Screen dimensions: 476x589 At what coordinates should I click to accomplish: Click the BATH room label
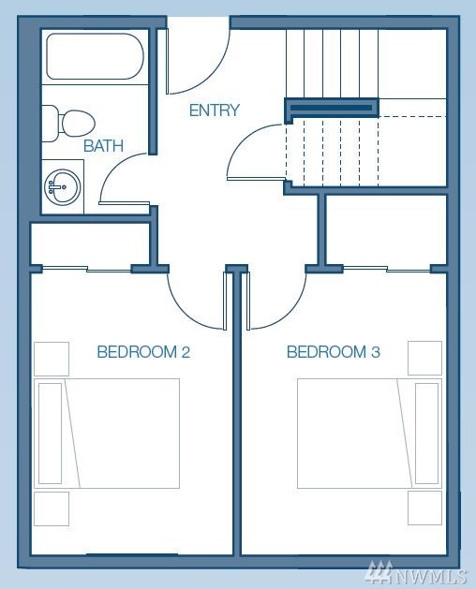click(103, 146)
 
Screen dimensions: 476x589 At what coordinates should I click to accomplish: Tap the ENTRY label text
click(214, 110)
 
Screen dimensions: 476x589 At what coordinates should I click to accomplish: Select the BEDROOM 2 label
click(143, 352)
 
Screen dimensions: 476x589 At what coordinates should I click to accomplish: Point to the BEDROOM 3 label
click(334, 352)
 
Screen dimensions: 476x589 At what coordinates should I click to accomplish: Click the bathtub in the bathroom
click(95, 56)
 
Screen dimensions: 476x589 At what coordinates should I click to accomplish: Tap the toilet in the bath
click(68, 124)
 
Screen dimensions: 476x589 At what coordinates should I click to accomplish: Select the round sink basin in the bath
click(63, 186)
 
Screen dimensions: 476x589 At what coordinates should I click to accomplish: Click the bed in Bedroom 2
click(107, 434)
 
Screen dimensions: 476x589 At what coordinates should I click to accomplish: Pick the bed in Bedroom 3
click(369, 434)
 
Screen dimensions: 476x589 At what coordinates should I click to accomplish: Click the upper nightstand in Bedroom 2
click(52, 359)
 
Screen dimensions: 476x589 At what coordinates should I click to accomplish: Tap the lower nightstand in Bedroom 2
click(52, 508)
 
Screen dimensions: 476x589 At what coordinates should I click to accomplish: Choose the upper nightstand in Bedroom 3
click(424, 358)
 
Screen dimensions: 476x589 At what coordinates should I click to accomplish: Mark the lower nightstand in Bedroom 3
click(424, 508)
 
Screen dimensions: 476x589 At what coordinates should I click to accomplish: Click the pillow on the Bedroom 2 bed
click(50, 434)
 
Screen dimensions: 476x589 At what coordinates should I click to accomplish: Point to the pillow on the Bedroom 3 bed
click(426, 434)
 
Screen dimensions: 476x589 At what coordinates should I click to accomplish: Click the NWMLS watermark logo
click(417, 574)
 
